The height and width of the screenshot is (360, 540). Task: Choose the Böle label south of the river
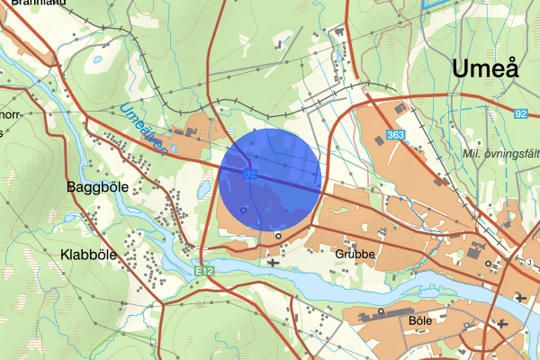coord(420,320)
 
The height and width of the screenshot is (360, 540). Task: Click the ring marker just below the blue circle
coord(278,236)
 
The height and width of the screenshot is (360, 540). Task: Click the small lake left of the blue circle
coord(205,187)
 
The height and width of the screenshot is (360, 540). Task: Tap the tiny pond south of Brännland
coord(96,61)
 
